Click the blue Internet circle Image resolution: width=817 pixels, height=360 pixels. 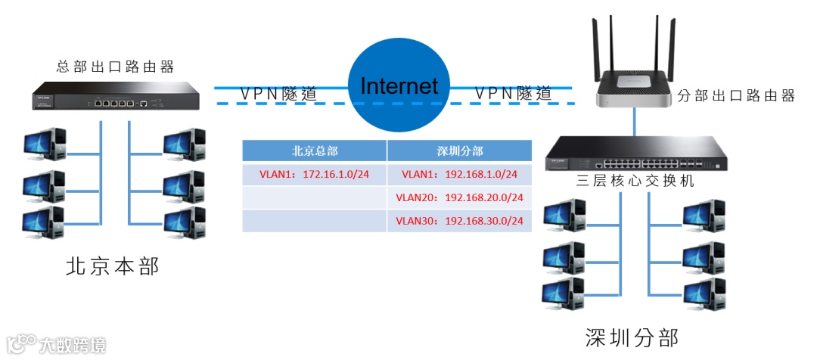(399, 86)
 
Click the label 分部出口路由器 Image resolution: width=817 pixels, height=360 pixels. (735, 96)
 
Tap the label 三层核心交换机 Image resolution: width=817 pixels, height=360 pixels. (635, 182)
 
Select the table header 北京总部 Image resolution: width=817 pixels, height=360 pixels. (314, 151)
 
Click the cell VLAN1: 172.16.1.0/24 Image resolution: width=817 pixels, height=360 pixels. (314, 175)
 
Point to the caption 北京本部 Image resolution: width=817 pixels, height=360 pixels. (113, 266)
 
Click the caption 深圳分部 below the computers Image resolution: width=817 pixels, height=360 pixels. (632, 337)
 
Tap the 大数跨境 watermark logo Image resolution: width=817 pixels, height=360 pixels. (57, 344)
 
